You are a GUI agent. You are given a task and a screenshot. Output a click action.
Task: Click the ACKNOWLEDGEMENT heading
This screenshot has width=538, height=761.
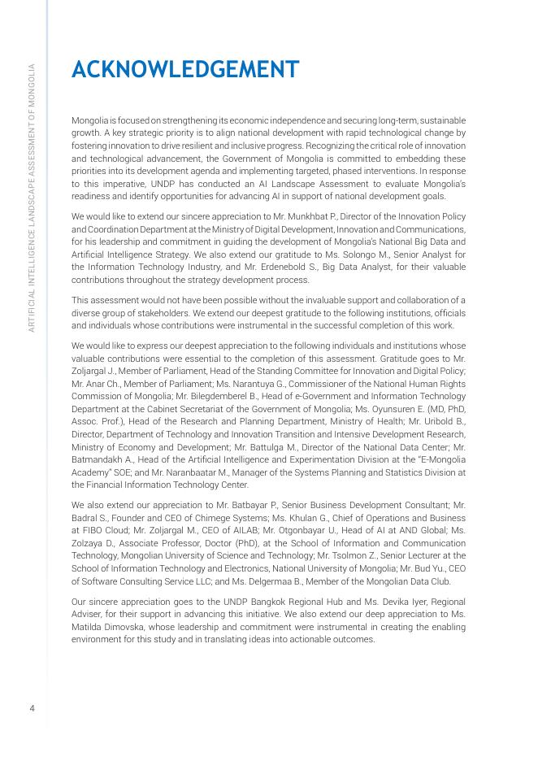coord(185,70)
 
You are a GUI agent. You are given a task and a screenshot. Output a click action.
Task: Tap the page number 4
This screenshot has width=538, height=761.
coord(32,708)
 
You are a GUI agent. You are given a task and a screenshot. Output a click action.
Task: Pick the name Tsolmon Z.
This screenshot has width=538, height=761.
coord(325,555)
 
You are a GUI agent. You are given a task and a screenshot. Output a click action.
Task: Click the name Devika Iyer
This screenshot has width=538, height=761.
coord(388,602)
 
